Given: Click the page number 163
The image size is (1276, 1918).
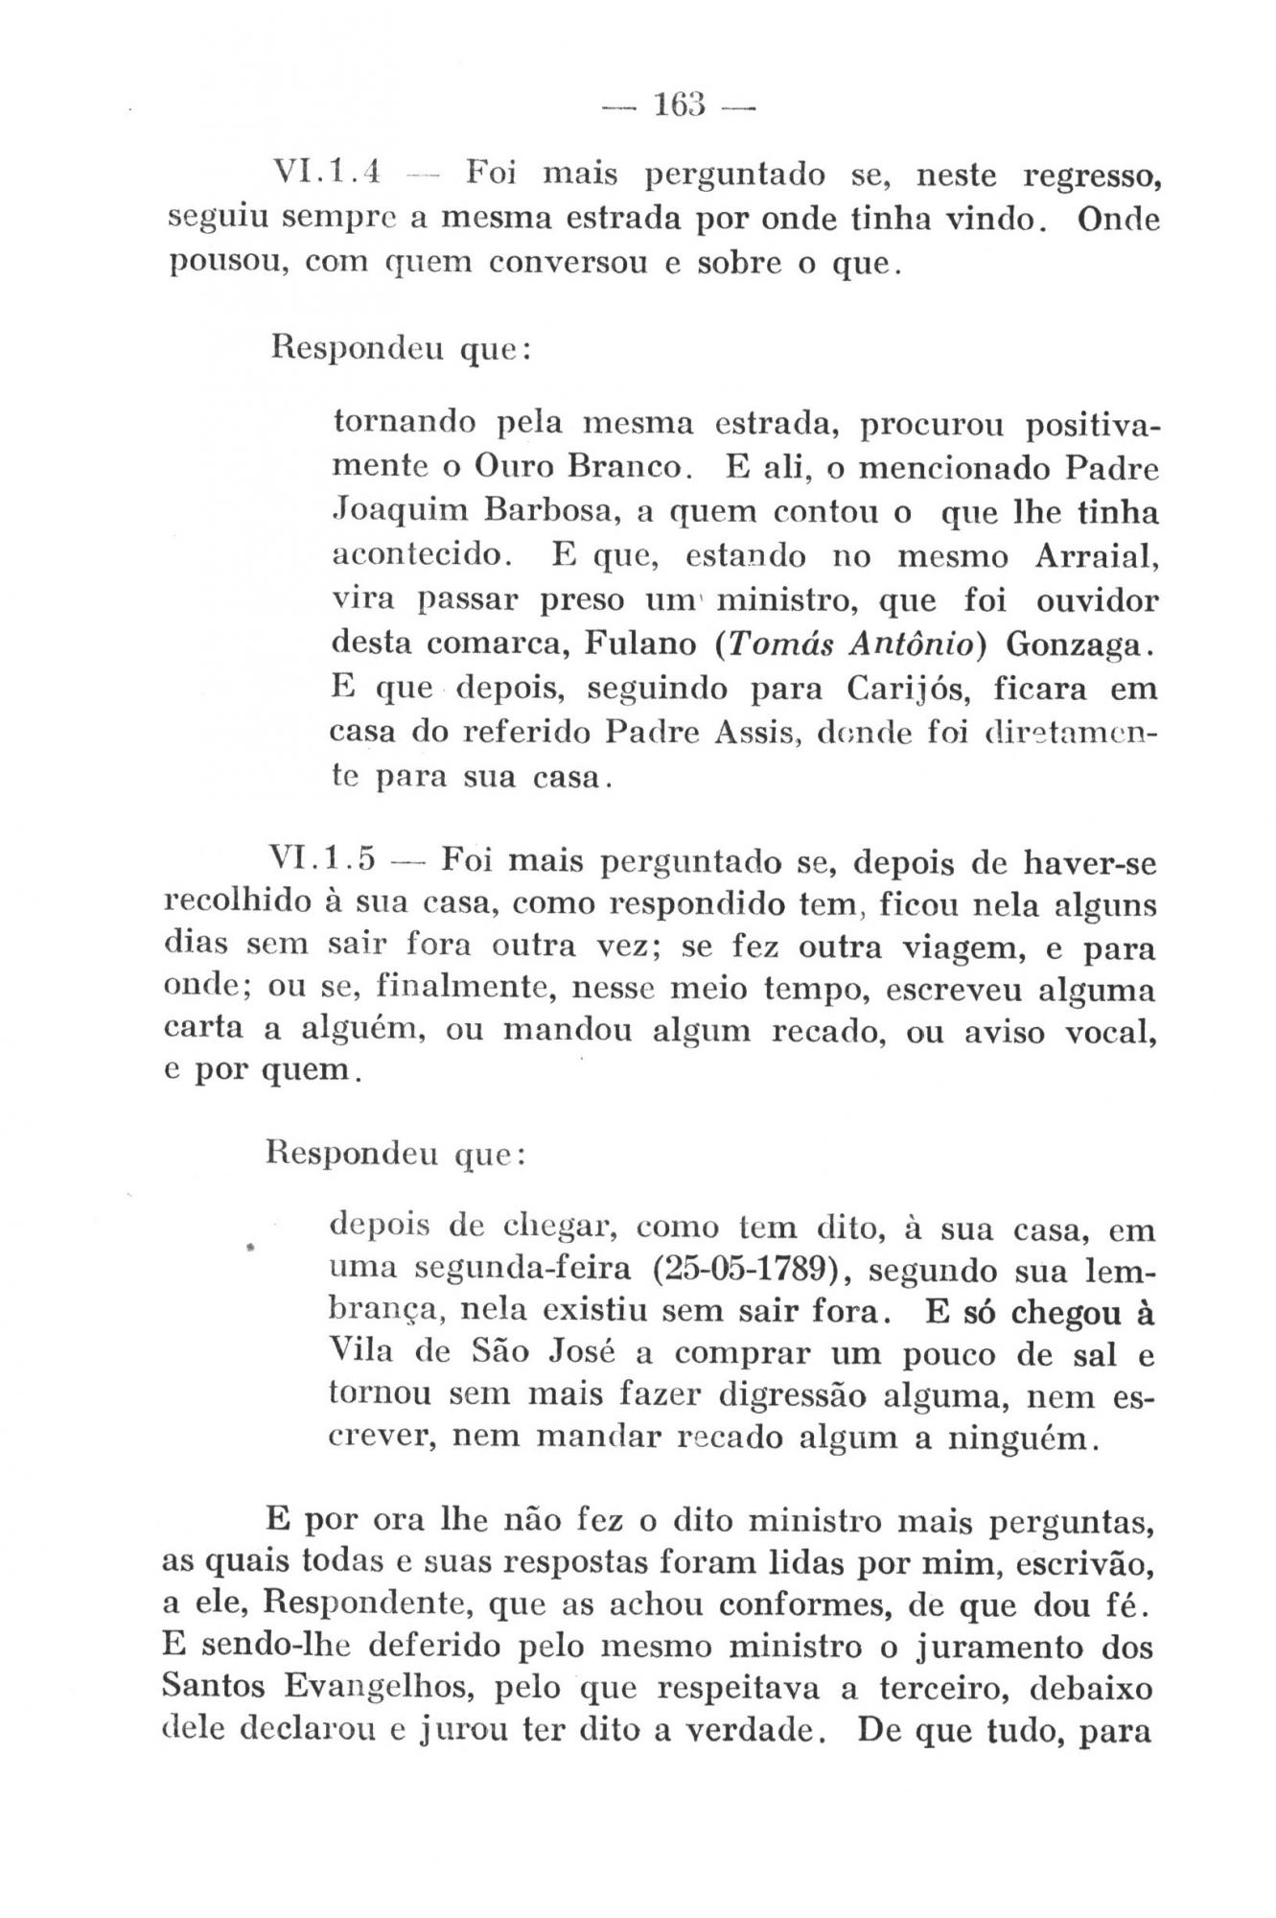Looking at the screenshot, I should (x=680, y=103).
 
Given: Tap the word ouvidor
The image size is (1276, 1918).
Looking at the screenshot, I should (x=1097, y=601).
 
